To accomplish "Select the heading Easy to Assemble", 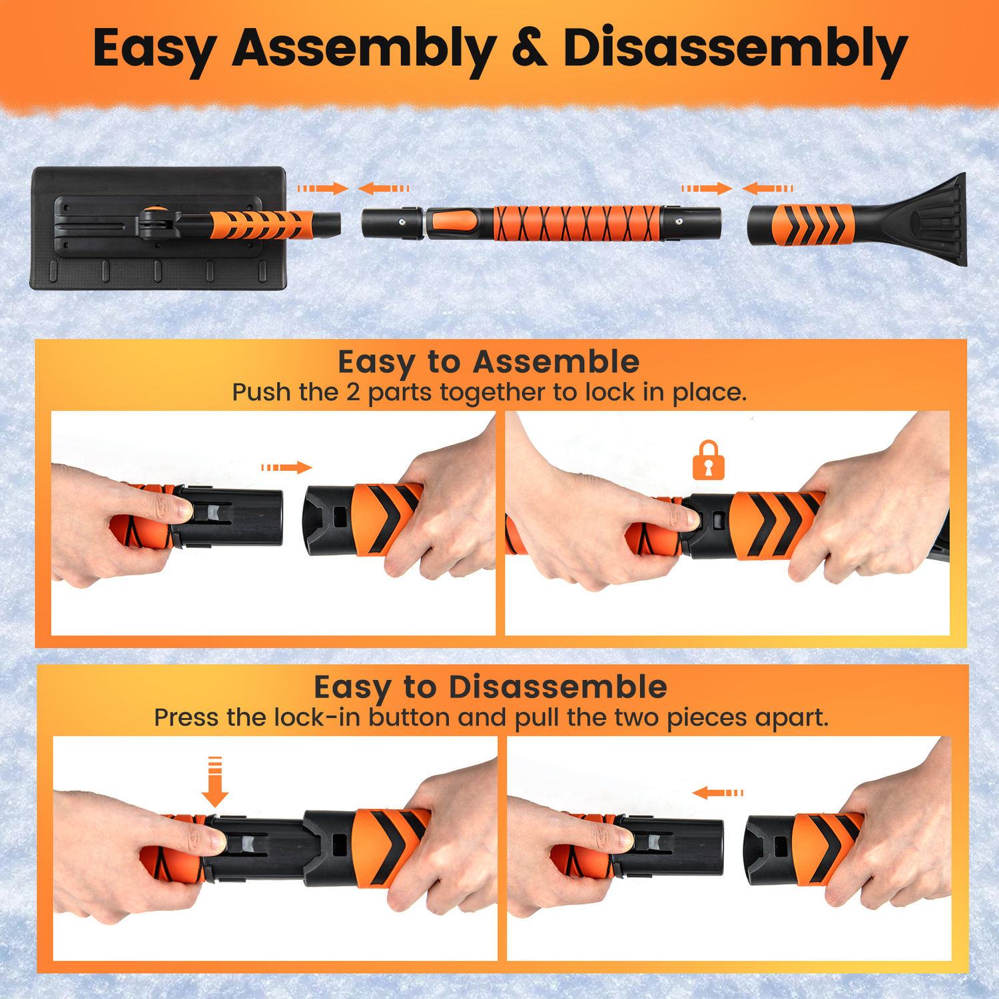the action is pos(488,363).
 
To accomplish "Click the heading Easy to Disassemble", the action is pos(490,687).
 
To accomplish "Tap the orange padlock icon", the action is pos(709,460).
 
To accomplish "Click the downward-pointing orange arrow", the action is pos(214,782).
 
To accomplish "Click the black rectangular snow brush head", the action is pos(159,228).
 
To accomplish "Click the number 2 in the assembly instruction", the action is pos(353,392).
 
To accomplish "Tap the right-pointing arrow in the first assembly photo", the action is pos(286,468).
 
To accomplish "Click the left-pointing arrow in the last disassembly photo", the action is pos(717,793).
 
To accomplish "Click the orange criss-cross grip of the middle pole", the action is pos(577,223).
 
